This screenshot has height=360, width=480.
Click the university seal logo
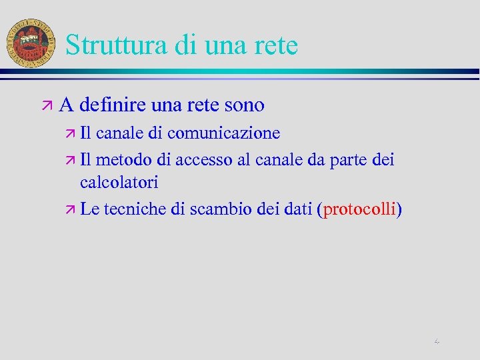(x=31, y=41)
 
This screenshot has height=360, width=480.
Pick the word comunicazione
(x=223, y=133)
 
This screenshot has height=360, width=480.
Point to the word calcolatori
(x=119, y=182)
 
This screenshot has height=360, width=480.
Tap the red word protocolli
(x=360, y=209)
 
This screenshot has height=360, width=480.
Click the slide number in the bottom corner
(x=437, y=341)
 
